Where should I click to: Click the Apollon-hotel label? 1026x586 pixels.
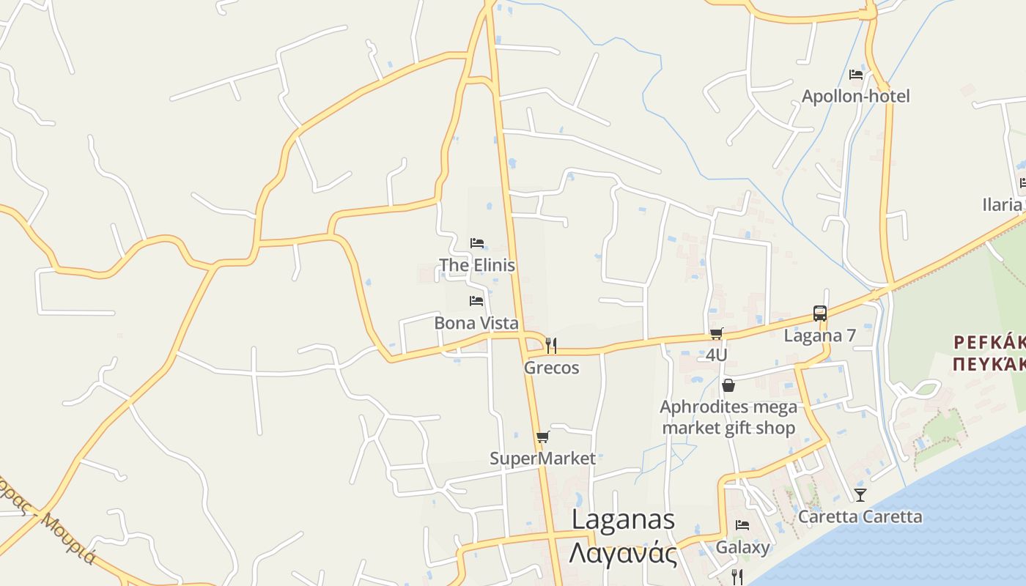click(855, 96)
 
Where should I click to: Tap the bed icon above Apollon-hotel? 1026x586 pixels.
click(855, 75)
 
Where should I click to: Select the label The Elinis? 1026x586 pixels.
click(477, 265)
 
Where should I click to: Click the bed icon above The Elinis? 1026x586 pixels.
click(477, 243)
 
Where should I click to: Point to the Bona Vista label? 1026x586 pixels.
click(476, 323)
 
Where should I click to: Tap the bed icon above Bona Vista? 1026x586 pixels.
click(476, 301)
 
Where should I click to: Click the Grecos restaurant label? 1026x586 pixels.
click(551, 368)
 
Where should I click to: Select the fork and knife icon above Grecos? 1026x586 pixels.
click(551, 346)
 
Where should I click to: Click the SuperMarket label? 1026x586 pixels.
click(542, 459)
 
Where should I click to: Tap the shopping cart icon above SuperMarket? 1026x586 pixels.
click(542, 437)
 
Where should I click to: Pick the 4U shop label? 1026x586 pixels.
click(716, 355)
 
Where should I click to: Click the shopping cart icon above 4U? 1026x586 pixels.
click(716, 334)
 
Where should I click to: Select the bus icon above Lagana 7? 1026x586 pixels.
click(820, 314)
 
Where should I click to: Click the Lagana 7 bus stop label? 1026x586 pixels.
click(820, 335)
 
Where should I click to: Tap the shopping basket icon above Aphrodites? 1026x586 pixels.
click(728, 385)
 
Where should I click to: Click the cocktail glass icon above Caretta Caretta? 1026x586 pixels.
click(860, 495)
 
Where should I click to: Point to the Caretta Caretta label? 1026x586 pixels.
click(860, 516)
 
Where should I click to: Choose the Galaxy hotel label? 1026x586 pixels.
click(742, 547)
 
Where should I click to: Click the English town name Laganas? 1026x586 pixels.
click(623, 519)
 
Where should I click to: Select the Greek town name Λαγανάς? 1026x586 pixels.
click(623, 553)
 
